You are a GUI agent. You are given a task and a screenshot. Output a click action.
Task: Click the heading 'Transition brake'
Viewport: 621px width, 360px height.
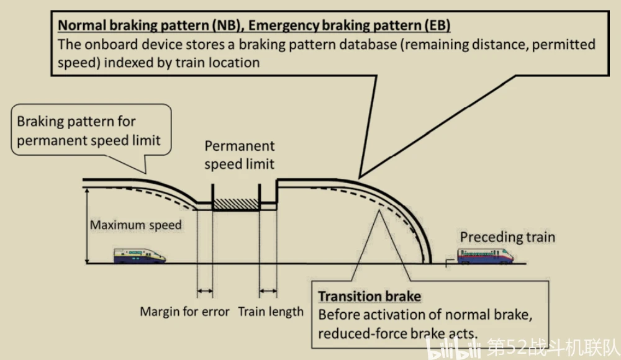(x=369, y=296)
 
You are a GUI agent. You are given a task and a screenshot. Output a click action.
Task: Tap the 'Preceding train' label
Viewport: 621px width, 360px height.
(x=507, y=237)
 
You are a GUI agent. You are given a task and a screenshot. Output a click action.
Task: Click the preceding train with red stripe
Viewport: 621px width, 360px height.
(x=486, y=256)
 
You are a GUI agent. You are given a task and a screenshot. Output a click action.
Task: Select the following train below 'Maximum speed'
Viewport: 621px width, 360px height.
(x=139, y=256)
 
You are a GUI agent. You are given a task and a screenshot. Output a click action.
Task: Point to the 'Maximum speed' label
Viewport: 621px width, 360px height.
(x=136, y=225)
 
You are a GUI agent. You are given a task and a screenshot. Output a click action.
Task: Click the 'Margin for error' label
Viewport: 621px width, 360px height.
(x=184, y=312)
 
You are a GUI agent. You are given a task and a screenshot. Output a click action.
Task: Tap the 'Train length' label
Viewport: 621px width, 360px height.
(x=271, y=312)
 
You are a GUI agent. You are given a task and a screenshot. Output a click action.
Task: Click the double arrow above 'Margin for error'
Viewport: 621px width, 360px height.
(x=205, y=292)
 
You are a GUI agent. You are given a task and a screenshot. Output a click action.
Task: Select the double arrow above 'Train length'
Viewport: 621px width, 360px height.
(x=268, y=292)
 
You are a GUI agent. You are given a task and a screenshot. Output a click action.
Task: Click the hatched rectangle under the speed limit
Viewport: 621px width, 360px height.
(x=236, y=204)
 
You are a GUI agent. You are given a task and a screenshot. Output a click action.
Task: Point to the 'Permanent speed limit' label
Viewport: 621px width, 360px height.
(x=239, y=155)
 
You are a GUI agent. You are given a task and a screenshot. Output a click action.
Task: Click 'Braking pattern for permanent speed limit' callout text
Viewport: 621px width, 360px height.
(x=89, y=131)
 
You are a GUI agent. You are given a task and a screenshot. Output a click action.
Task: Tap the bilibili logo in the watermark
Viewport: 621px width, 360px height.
(x=453, y=348)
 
